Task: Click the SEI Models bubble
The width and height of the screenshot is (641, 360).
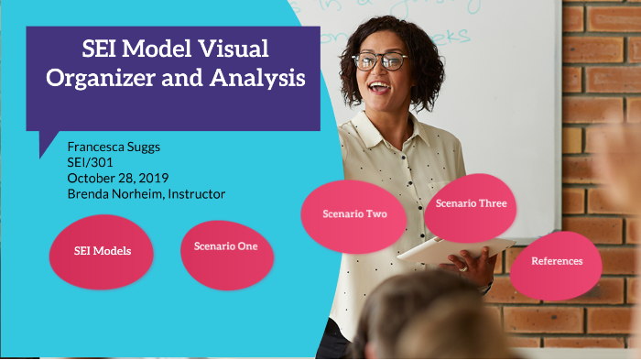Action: [x=102, y=251]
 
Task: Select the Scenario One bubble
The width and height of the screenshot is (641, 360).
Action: [x=226, y=246]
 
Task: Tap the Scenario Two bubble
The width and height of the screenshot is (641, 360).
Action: [x=354, y=214]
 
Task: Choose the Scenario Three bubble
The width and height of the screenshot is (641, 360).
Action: [x=471, y=203]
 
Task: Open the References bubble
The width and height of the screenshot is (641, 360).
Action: [x=557, y=261]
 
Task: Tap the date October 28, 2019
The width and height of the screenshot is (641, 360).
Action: [x=117, y=178]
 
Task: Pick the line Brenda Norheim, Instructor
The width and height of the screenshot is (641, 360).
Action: [x=146, y=193]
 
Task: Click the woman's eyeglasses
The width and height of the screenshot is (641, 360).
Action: [x=380, y=61]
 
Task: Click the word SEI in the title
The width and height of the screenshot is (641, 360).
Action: [x=100, y=49]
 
